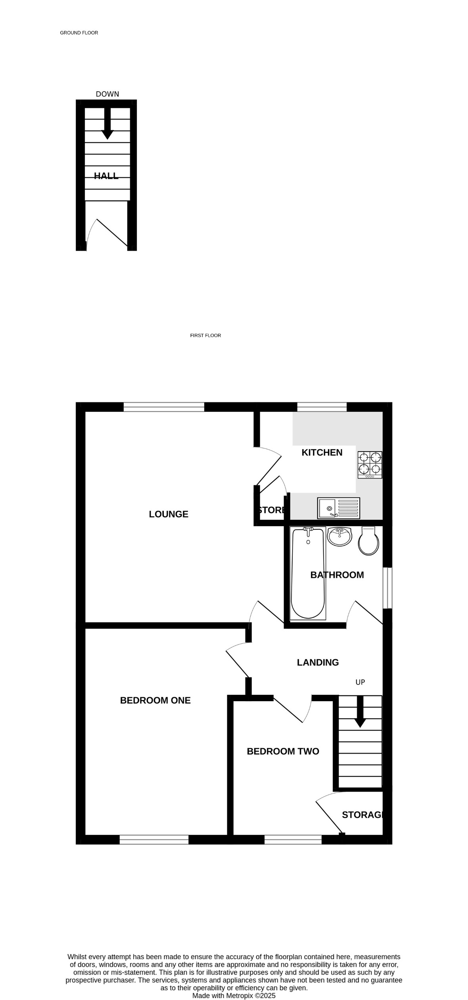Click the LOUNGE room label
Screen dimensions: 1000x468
click(169, 514)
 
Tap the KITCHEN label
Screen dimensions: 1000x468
click(322, 452)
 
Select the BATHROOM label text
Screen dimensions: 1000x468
click(337, 575)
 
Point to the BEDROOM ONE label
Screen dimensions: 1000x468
click(155, 700)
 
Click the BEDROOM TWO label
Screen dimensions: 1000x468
click(283, 751)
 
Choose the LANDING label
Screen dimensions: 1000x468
click(318, 662)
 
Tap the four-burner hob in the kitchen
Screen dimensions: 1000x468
click(370, 465)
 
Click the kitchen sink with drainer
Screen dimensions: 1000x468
click(338, 508)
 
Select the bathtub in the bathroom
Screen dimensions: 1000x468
click(308, 573)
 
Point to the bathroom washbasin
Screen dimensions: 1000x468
click(339, 537)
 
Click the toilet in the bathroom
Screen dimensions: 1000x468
click(368, 541)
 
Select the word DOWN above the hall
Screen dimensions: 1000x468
click(107, 94)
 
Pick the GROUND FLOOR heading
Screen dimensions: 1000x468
click(79, 33)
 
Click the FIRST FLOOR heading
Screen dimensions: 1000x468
click(205, 335)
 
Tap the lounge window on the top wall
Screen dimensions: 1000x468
click(164, 407)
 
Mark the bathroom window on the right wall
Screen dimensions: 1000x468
click(387, 588)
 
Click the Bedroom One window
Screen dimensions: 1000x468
click(154, 839)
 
